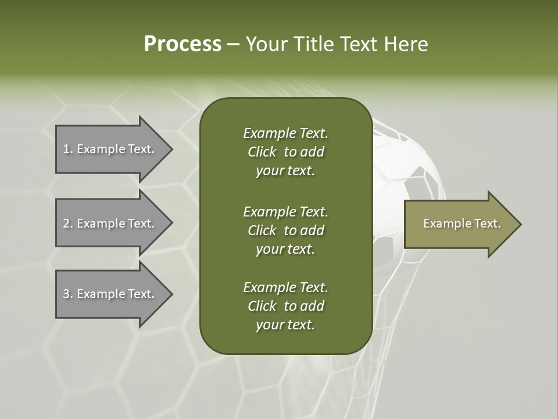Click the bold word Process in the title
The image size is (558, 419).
[183, 44]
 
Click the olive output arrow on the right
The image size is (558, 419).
[459, 224]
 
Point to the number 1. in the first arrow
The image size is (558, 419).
[68, 149]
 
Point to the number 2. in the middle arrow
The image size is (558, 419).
[68, 223]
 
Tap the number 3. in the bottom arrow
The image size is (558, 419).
[68, 294]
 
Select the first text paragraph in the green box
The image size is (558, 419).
[285, 152]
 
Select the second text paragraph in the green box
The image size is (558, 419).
[285, 230]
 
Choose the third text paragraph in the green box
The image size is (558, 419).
[285, 306]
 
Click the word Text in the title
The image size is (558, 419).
[359, 44]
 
